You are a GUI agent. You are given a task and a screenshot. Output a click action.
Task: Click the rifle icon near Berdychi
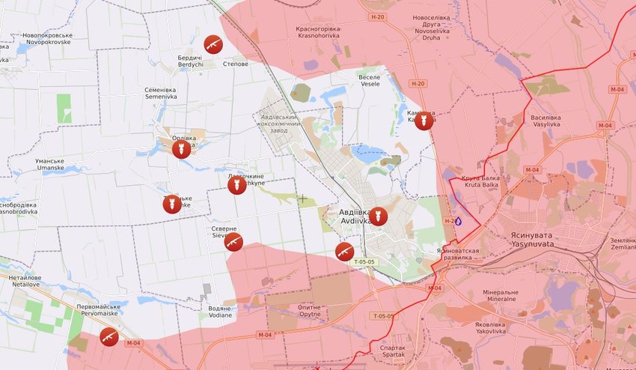[213, 44]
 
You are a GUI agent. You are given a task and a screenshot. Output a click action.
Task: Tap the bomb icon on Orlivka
[180, 149]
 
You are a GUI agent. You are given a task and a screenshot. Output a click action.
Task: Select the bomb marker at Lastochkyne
[237, 185]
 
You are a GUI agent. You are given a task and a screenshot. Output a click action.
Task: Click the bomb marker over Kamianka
[424, 121]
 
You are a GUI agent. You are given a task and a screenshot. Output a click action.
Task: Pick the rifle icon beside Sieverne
[234, 242]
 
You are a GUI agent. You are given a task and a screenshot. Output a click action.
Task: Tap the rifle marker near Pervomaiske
[109, 336]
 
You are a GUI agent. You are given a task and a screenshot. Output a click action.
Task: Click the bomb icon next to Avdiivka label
[379, 216]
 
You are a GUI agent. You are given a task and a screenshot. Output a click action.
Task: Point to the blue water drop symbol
[458, 221]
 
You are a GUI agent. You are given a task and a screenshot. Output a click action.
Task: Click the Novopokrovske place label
[47, 39]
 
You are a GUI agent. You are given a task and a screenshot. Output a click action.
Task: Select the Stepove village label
[236, 64]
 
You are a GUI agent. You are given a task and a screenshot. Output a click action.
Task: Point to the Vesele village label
[370, 81]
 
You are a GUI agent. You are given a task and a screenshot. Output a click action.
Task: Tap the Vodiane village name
[220, 311]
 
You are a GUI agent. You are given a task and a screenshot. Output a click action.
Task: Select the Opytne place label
[309, 311]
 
